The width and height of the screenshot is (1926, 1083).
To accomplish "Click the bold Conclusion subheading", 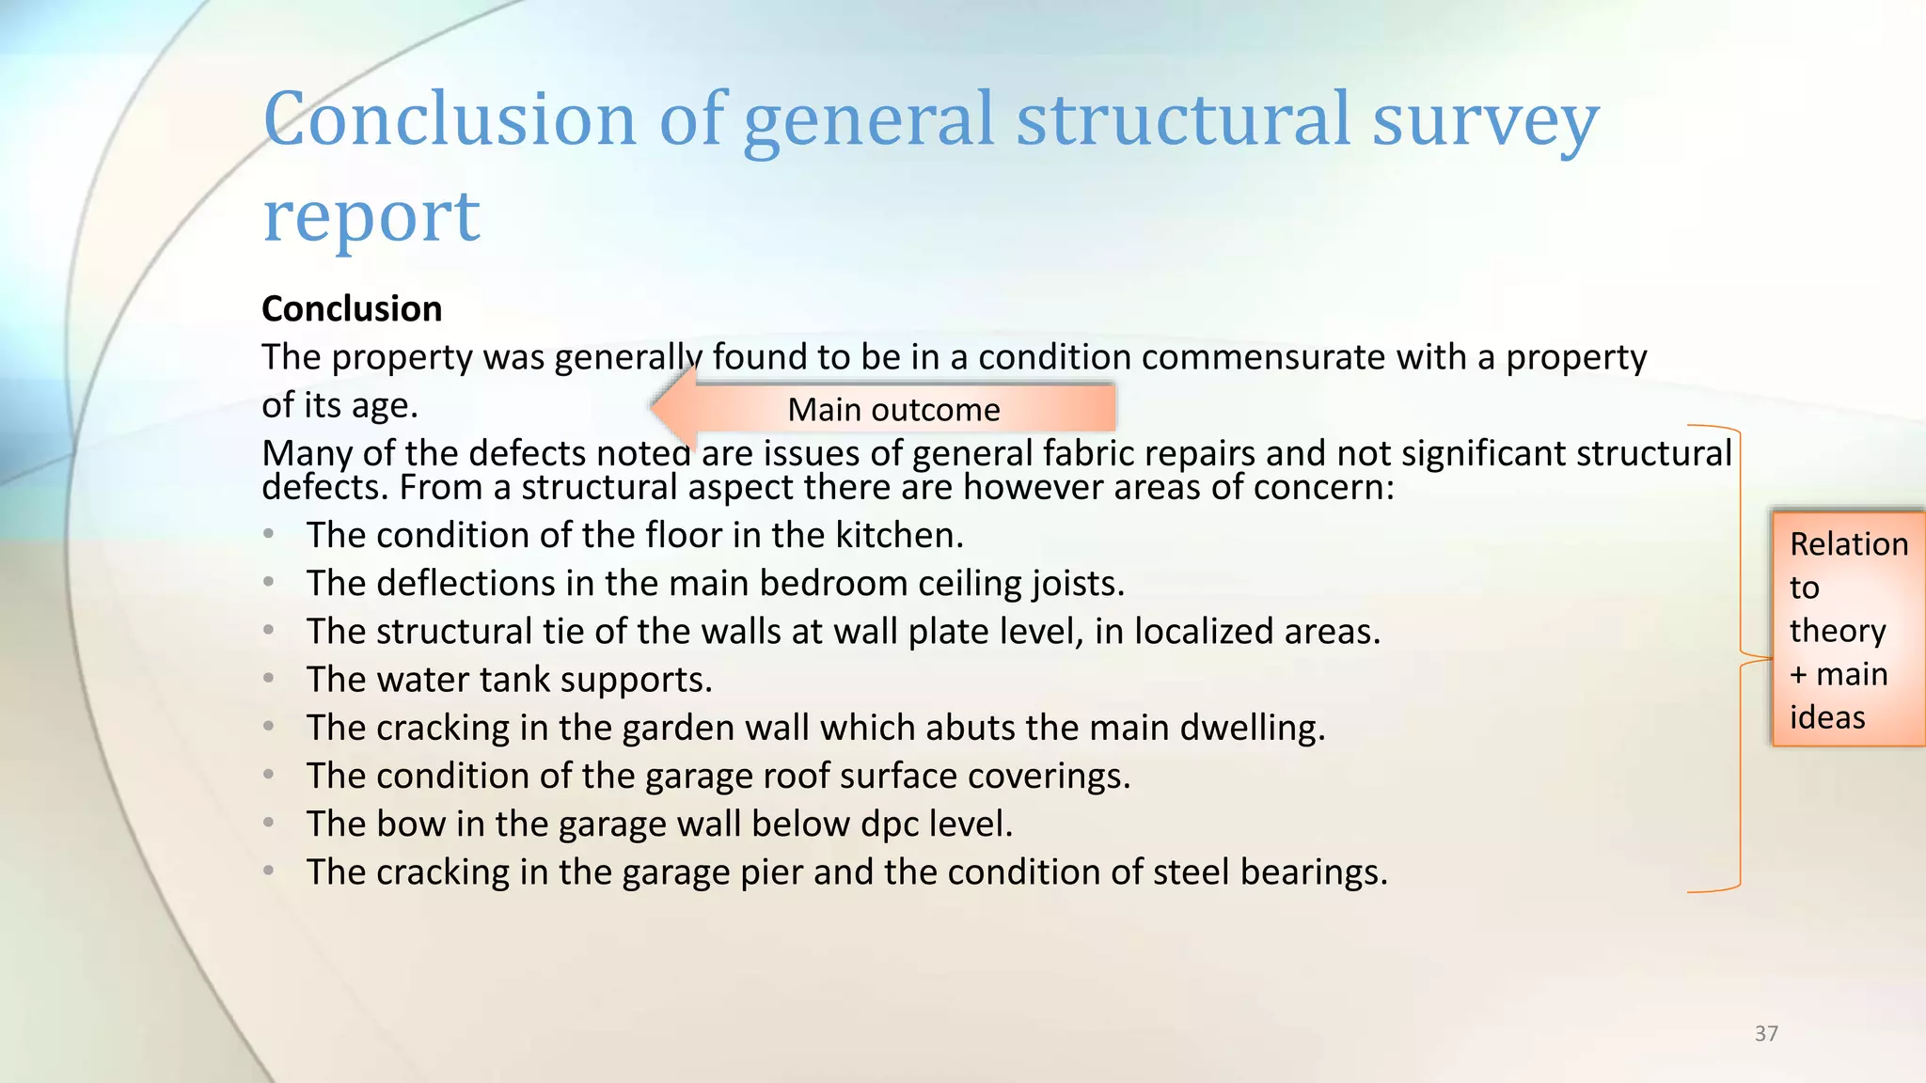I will click(x=352, y=309).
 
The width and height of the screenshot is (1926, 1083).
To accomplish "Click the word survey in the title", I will click(x=1485, y=120).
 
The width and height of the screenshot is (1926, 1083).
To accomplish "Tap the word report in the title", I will click(x=371, y=216).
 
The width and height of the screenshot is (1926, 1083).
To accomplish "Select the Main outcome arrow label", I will click(x=893, y=410).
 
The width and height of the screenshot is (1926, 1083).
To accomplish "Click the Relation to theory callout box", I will click(x=1848, y=629).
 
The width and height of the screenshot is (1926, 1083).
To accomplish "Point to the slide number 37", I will click(x=1766, y=1033).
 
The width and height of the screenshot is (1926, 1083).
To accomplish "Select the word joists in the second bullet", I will click(x=1078, y=584).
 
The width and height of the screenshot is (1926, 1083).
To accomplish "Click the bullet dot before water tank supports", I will click(x=269, y=679).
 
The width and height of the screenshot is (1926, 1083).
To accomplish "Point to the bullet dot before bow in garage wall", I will click(x=269, y=824).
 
